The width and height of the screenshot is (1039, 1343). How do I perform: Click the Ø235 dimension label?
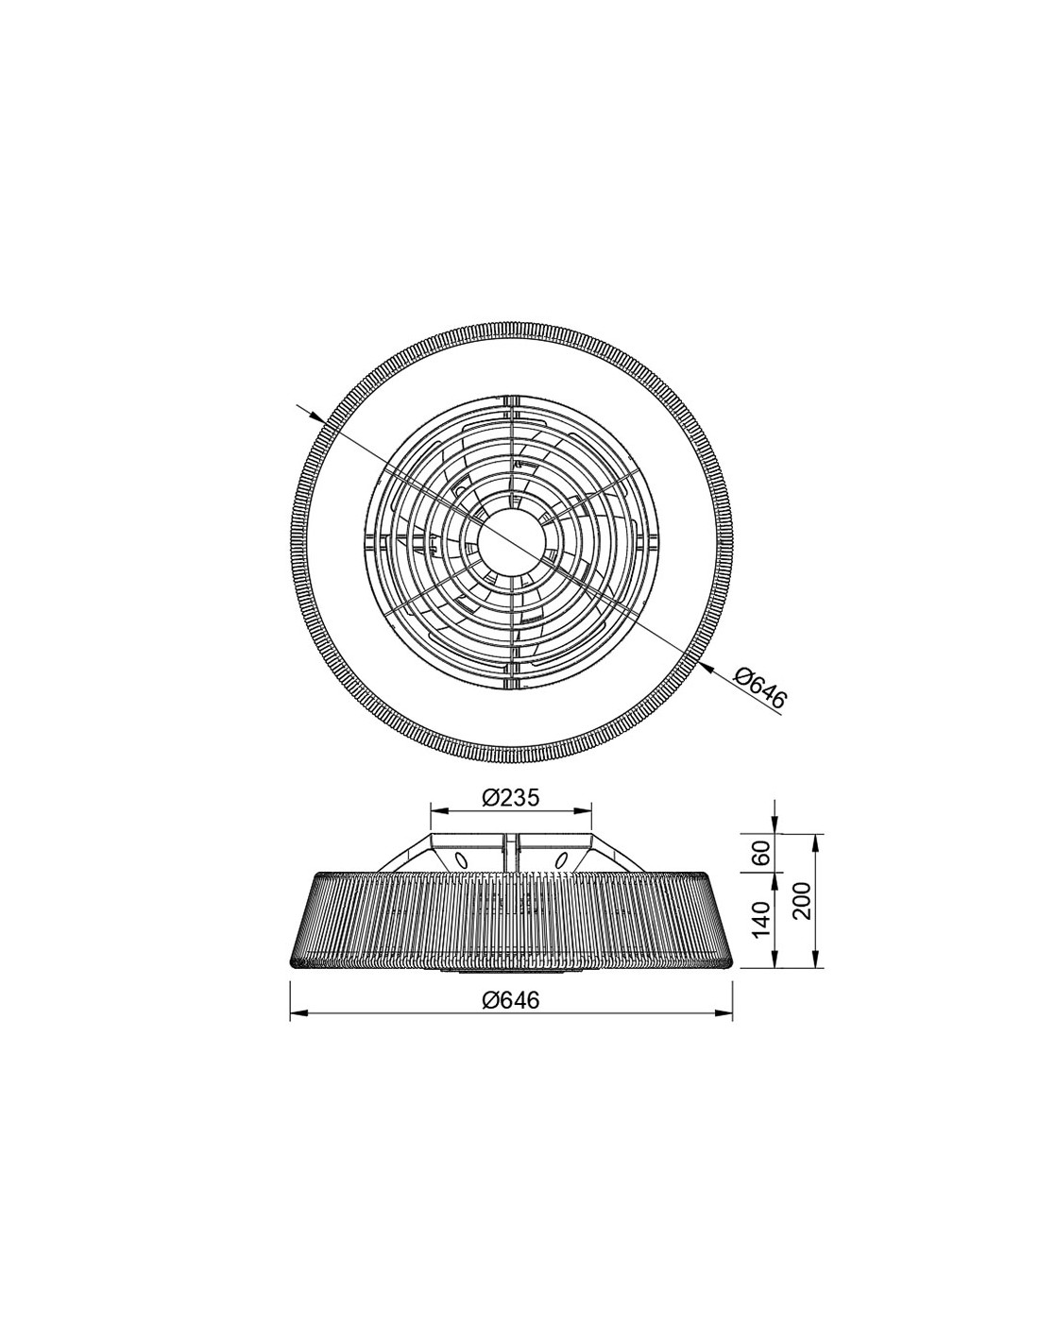[x=510, y=798]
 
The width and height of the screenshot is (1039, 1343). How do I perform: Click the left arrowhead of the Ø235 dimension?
[x=436, y=809]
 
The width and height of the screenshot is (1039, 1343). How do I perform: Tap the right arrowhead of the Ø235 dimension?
[x=585, y=809]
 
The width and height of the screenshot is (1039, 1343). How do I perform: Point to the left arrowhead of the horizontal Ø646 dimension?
[x=295, y=1014]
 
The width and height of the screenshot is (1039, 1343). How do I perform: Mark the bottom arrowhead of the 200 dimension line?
[x=815, y=962]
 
